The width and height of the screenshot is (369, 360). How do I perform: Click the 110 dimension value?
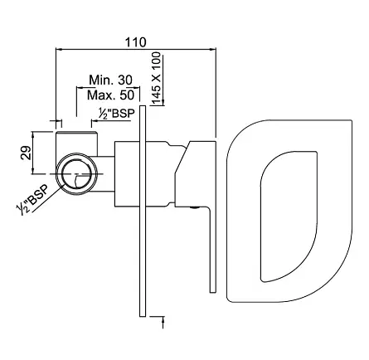coord(135,42)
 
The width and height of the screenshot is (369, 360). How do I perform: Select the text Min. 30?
coord(110,80)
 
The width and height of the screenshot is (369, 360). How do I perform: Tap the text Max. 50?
coord(110,95)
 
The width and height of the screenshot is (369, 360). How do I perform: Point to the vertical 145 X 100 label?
coord(156,79)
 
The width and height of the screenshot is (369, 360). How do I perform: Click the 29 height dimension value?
coord(26,152)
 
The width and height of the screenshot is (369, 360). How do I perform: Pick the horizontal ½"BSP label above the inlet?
coord(117,114)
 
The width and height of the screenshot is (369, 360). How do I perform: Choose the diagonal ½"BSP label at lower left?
coord(32,199)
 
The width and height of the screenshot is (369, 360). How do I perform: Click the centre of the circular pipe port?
coord(77,174)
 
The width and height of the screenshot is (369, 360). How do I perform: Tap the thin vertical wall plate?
coord(143,211)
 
